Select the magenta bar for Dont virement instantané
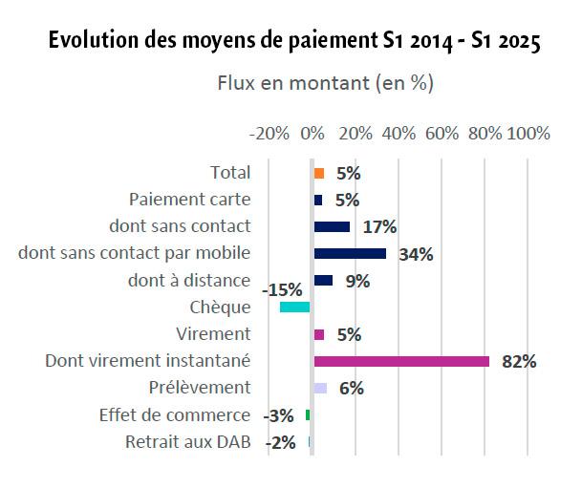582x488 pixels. click(401, 361)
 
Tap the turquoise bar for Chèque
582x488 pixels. click(295, 308)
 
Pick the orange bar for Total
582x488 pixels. click(319, 173)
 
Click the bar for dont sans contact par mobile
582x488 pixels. click(350, 254)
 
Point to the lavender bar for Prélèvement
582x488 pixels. click(320, 388)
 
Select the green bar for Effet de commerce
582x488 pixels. click(308, 414)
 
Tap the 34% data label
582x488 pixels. click(417, 255)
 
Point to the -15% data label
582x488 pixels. click(282, 288)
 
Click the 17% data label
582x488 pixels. click(379, 227)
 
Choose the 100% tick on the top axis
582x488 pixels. click(528, 134)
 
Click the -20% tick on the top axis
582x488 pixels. click(270, 134)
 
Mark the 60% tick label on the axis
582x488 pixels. click(442, 134)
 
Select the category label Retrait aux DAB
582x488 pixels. click(188, 442)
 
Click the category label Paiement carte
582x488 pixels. click(189, 200)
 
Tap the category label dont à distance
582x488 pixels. click(189, 281)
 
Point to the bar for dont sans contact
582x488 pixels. click(332, 226)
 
